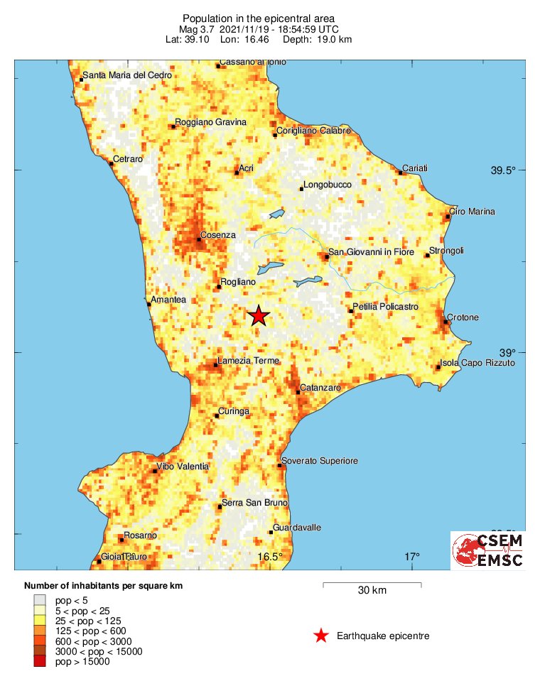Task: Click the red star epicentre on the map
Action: (x=259, y=316)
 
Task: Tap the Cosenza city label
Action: (x=218, y=235)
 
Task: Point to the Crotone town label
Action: (x=463, y=317)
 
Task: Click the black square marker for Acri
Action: (x=237, y=173)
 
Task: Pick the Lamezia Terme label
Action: (x=248, y=361)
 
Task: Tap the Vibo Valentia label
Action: (x=183, y=466)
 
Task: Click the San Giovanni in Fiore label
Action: (x=363, y=252)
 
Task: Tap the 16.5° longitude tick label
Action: (x=271, y=556)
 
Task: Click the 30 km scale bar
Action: (x=372, y=584)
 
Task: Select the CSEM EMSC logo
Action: (x=489, y=550)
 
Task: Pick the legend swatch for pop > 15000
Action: (x=39, y=662)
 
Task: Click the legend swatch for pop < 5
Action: (x=39, y=600)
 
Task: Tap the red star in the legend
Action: (x=321, y=636)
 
